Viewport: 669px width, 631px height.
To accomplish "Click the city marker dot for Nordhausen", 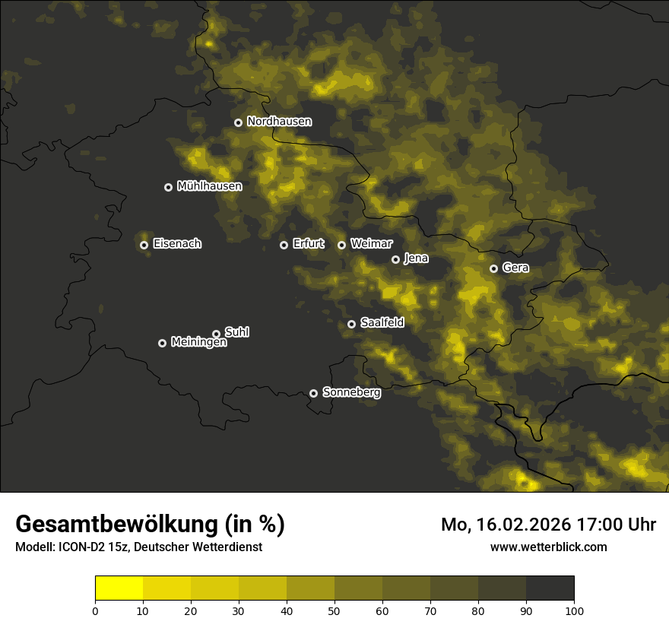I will (x=238, y=122).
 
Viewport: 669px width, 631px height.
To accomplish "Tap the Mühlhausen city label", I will (x=209, y=186).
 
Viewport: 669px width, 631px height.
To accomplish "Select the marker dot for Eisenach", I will (x=144, y=245).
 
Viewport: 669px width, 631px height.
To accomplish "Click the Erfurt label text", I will (x=308, y=244).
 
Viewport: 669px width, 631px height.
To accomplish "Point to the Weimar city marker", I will (x=341, y=245).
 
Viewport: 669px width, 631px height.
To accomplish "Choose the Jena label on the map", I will (x=416, y=258).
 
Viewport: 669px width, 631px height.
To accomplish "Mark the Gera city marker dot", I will (x=493, y=268).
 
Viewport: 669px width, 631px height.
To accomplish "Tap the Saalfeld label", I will (x=382, y=323).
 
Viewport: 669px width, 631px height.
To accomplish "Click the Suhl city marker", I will (x=216, y=334).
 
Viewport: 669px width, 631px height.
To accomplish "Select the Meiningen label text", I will (x=198, y=343).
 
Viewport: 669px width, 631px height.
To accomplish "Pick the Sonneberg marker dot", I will (x=313, y=393).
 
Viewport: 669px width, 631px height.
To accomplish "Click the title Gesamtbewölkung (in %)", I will (x=150, y=525).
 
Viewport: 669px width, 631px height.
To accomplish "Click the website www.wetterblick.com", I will (x=548, y=547).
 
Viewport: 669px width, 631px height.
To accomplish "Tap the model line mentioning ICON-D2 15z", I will (x=138, y=547).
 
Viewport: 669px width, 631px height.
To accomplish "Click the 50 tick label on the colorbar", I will (x=334, y=610).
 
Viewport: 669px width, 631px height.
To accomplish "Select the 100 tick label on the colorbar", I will (x=574, y=610).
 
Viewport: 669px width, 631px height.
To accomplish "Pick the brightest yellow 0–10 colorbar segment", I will (x=119, y=588).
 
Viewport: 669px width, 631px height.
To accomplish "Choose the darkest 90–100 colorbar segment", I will (x=550, y=588).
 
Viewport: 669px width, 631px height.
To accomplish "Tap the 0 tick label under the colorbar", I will (x=95, y=610).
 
